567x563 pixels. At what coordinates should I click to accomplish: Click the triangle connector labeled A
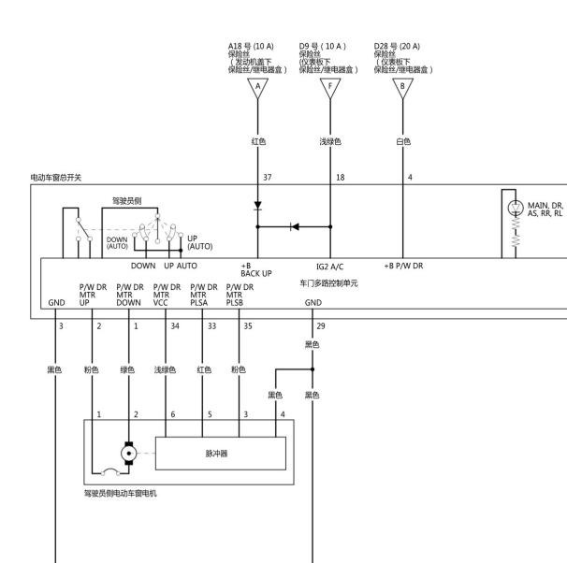pyautogui.click(x=258, y=88)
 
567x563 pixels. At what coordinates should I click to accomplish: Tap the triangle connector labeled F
pyautogui.click(x=330, y=88)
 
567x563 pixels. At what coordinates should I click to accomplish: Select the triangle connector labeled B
pyautogui.click(x=403, y=88)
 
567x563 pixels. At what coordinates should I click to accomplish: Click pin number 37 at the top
pyautogui.click(x=268, y=178)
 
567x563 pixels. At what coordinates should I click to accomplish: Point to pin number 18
pyautogui.click(x=341, y=178)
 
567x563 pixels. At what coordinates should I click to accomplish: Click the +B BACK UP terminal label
pyautogui.click(x=256, y=269)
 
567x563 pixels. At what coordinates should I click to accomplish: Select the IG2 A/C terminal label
pyautogui.click(x=329, y=267)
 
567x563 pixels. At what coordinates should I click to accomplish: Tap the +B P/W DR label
pyautogui.click(x=403, y=266)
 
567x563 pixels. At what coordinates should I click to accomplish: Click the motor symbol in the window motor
pyautogui.click(x=129, y=453)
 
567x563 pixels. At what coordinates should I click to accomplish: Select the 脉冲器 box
pyautogui.click(x=221, y=454)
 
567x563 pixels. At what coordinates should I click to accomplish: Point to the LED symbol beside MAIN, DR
pyautogui.click(x=516, y=209)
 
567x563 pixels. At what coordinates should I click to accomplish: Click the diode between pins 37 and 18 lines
pyautogui.click(x=295, y=227)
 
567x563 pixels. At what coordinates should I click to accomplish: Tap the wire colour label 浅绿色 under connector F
pyautogui.click(x=330, y=141)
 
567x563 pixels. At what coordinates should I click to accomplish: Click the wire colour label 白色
pyautogui.click(x=403, y=141)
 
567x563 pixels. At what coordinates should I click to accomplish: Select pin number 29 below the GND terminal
pyautogui.click(x=321, y=326)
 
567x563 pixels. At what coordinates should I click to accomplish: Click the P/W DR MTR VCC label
pyautogui.click(x=167, y=295)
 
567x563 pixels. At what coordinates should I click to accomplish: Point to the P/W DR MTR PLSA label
pyautogui.click(x=204, y=295)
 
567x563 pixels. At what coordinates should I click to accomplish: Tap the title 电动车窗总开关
pyautogui.click(x=56, y=178)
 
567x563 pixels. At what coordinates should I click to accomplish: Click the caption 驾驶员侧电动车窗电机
pyautogui.click(x=121, y=493)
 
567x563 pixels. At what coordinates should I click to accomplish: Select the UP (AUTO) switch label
pyautogui.click(x=199, y=242)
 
